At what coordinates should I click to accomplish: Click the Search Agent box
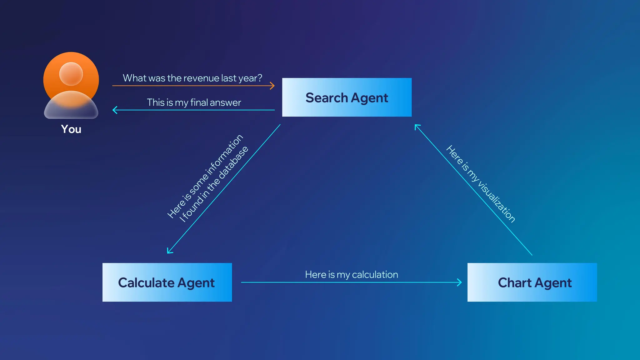point(347,97)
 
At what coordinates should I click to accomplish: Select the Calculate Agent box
point(167,282)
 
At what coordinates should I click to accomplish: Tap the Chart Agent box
point(532,282)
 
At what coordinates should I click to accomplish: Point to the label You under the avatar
point(71,129)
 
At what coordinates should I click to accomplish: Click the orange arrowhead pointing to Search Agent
point(273,86)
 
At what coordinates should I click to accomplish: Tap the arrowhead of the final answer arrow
point(115,110)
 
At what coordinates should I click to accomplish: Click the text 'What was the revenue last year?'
point(192,78)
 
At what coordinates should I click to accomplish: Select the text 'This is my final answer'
point(194,102)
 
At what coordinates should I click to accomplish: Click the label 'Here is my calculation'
point(351,274)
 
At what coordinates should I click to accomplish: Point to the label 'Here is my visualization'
point(481,184)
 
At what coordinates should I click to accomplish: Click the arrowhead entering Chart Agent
point(460,282)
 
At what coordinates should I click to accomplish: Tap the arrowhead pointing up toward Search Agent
point(417,127)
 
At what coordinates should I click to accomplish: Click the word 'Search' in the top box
point(327,98)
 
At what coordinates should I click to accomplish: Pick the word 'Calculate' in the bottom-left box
point(146,283)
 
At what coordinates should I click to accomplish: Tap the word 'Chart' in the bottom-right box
point(514,283)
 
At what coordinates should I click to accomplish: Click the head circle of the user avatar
point(71,74)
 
